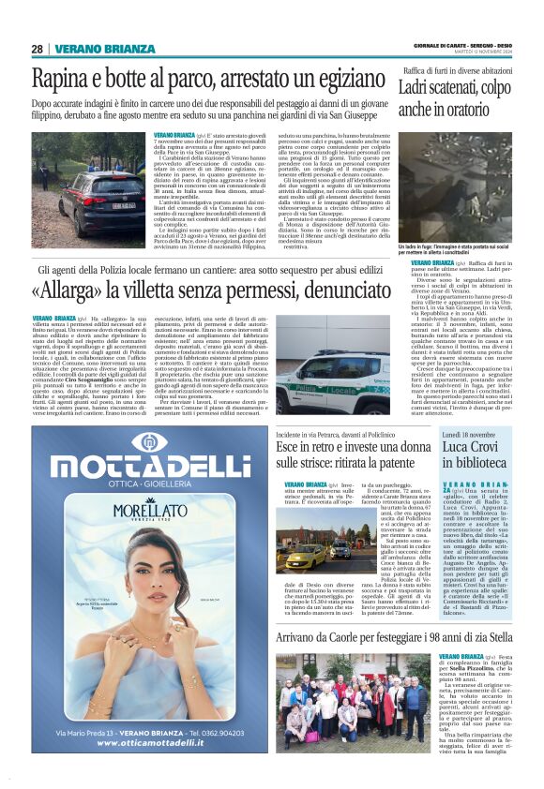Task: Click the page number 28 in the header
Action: (37, 49)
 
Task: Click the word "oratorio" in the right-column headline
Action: (483, 110)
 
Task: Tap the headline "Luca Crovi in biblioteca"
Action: (475, 454)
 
